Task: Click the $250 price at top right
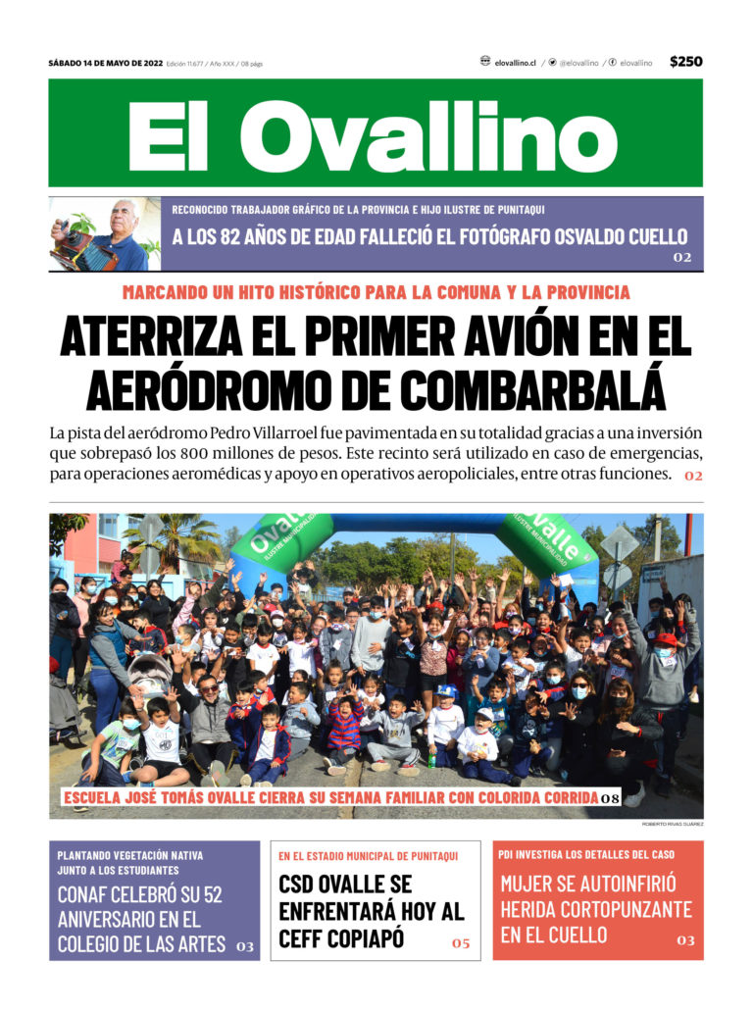[685, 62]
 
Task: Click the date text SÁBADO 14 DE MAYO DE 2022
[105, 63]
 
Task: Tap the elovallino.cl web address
[515, 63]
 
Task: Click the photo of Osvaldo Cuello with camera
[105, 234]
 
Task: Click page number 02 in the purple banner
[681, 258]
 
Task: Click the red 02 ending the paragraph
[693, 476]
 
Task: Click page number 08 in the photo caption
[610, 798]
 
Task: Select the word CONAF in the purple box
[86, 894]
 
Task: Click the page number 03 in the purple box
[244, 946]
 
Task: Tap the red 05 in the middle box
[461, 943]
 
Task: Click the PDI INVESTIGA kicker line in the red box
[585, 854]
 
